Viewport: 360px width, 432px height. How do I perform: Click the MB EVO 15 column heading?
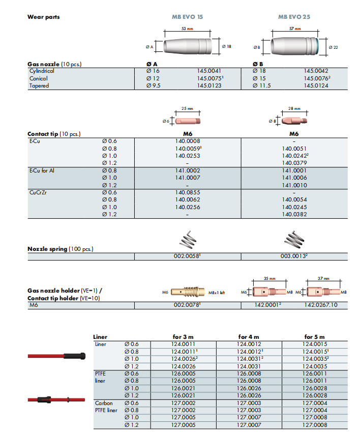[187, 17]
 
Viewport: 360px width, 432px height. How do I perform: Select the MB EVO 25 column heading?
[294, 17]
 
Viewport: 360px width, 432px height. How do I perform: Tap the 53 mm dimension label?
[187, 28]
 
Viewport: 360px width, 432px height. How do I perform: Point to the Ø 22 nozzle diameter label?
[333, 47]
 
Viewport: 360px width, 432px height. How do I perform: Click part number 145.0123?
[209, 85]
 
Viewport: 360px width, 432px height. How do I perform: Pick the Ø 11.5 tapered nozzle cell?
[262, 85]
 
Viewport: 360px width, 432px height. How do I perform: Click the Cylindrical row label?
[42, 71]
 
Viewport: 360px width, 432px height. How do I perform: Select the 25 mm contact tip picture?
[188, 121]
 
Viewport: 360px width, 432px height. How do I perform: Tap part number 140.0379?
[294, 163]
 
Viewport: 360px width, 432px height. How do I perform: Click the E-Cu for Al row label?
[42, 170]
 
